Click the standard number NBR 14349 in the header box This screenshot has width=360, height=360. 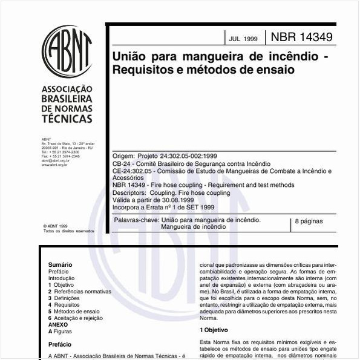click(301, 37)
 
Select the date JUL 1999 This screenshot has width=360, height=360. click(243, 39)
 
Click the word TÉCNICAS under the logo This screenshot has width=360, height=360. click(67, 119)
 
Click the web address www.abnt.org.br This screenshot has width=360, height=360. click(54, 165)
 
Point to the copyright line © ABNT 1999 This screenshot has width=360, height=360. click(55, 225)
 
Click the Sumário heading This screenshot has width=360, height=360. click(60, 264)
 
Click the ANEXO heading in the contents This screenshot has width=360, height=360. click(58, 325)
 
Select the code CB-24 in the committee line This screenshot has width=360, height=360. click(122, 163)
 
